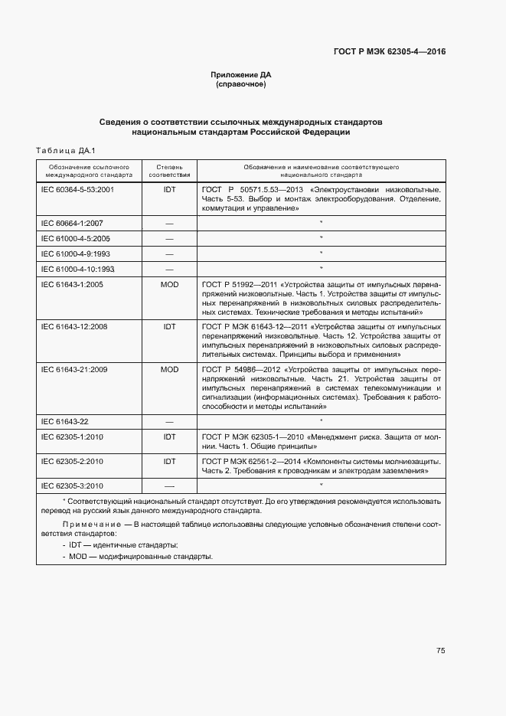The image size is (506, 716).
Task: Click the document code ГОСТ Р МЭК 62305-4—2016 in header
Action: point(389,52)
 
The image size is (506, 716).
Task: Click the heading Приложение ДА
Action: point(241,74)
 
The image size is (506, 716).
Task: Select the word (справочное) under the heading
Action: point(241,84)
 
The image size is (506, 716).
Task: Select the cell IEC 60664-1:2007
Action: point(72,223)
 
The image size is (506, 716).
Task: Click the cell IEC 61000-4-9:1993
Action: point(75,253)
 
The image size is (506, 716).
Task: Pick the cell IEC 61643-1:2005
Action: point(72,284)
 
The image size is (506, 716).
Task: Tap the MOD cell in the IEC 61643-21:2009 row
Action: point(169,369)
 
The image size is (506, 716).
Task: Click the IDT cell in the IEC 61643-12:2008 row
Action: point(169,327)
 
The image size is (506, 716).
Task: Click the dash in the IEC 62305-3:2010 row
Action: point(169,486)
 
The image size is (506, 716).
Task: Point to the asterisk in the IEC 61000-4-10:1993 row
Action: point(321,268)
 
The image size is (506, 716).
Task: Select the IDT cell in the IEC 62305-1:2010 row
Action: point(169,436)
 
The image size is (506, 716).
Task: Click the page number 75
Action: point(440,651)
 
